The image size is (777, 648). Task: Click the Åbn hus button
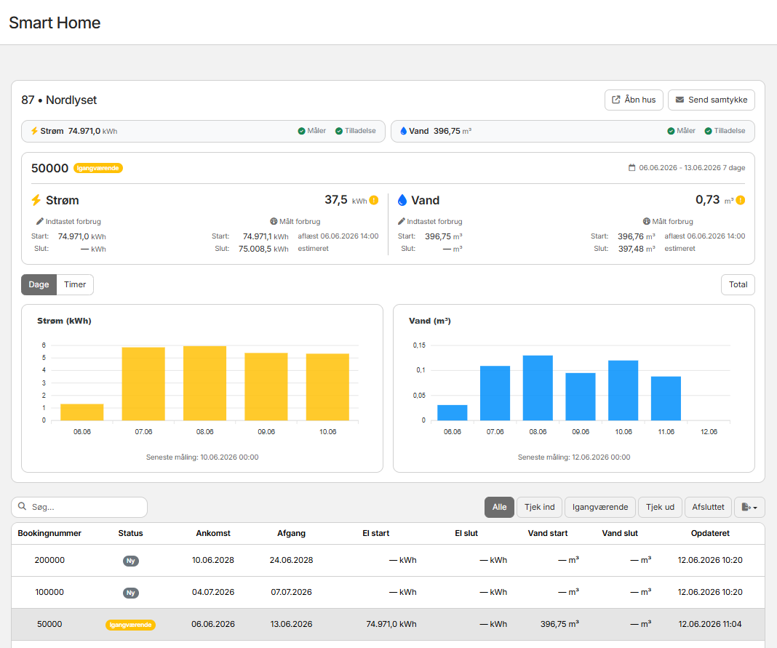click(x=634, y=100)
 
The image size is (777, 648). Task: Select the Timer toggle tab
click(x=75, y=284)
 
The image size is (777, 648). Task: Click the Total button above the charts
click(x=738, y=284)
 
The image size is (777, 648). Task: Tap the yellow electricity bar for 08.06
click(x=204, y=383)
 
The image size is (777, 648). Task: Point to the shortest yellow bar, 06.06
click(x=81, y=412)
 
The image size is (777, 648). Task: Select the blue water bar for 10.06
click(x=623, y=391)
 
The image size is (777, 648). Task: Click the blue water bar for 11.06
click(x=666, y=399)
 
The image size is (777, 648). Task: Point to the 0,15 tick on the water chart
click(x=419, y=345)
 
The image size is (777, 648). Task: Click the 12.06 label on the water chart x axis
click(x=709, y=431)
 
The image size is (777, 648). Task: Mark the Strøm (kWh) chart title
click(x=65, y=321)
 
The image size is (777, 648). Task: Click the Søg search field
click(x=79, y=507)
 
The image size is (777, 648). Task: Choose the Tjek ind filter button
click(x=539, y=507)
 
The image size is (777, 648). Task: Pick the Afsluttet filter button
click(x=708, y=507)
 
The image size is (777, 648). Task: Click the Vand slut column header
click(x=620, y=533)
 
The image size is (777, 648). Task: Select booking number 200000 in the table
click(x=49, y=560)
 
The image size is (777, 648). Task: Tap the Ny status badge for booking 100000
click(x=131, y=593)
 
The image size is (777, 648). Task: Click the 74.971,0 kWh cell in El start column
click(x=391, y=624)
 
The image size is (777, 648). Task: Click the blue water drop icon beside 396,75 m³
click(x=403, y=131)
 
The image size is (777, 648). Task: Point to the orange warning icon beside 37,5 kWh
click(x=374, y=200)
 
